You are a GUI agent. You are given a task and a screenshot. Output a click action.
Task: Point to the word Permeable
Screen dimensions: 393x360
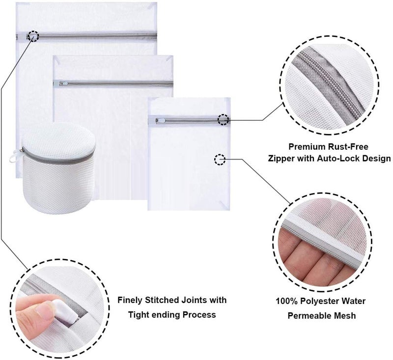tap(309, 315)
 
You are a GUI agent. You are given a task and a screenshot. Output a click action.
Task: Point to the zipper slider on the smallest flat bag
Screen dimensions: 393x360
tap(161, 121)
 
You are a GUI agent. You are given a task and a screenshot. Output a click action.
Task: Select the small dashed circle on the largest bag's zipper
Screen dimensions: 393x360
tap(33, 36)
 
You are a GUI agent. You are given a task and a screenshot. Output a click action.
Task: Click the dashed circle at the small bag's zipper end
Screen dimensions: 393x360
tap(223, 119)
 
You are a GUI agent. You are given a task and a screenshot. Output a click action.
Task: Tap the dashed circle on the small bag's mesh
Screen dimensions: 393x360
tap(220, 159)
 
